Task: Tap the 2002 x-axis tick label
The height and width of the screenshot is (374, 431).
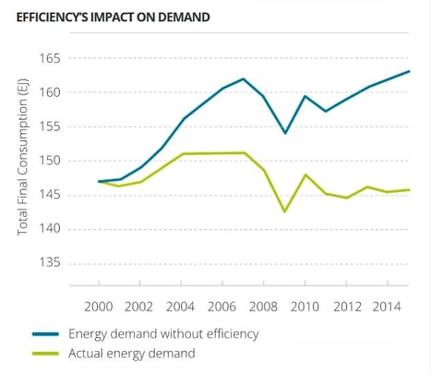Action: pyautogui.click(x=140, y=305)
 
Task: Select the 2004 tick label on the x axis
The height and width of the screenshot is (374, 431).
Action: pyautogui.click(x=182, y=305)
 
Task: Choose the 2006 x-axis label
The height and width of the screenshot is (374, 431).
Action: pyautogui.click(x=222, y=305)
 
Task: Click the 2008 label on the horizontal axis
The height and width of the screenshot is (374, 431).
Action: pyautogui.click(x=264, y=305)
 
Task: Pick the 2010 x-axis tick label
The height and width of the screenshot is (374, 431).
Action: pyautogui.click(x=305, y=305)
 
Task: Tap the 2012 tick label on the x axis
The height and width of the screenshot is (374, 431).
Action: pyautogui.click(x=346, y=305)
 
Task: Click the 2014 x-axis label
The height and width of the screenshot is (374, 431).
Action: pyautogui.click(x=387, y=305)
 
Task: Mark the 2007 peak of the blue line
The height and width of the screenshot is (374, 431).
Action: pyautogui.click(x=243, y=79)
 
